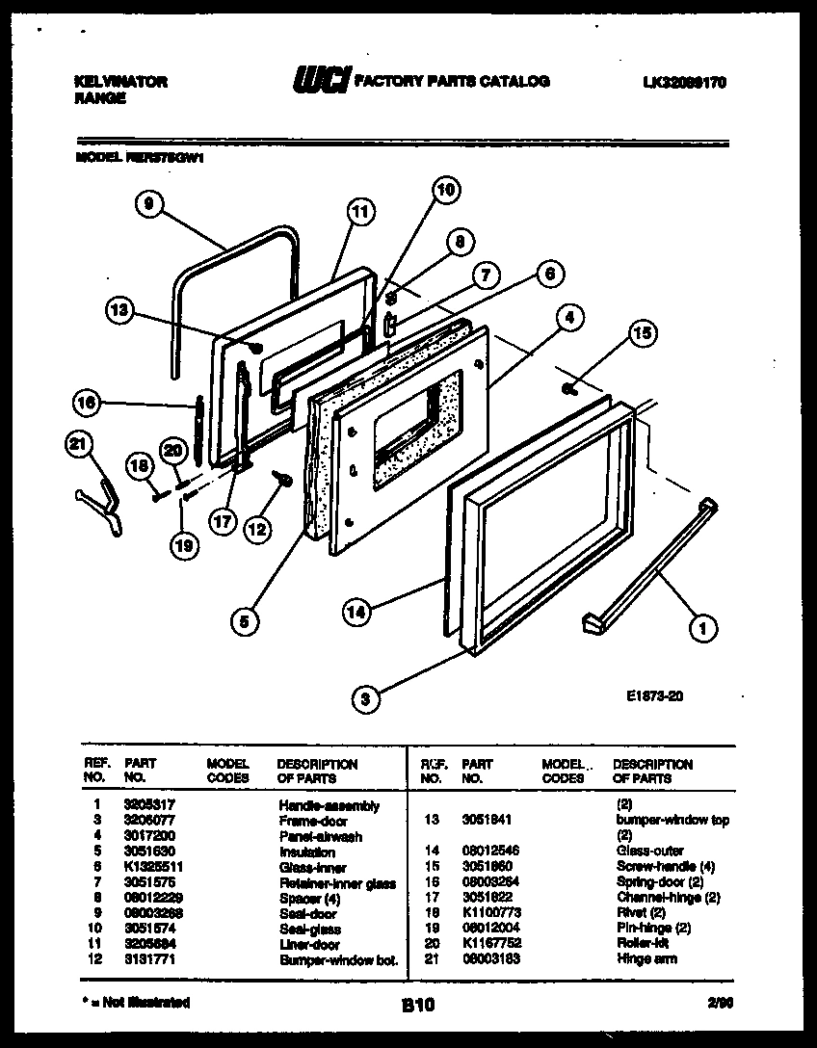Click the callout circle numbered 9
pyautogui.click(x=147, y=203)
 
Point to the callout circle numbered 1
pyautogui.click(x=702, y=629)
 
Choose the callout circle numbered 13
pyautogui.click(x=119, y=310)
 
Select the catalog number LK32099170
pyautogui.click(x=683, y=83)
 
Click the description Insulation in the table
pyautogui.click(x=306, y=851)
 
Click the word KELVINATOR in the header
pyautogui.click(x=120, y=82)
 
